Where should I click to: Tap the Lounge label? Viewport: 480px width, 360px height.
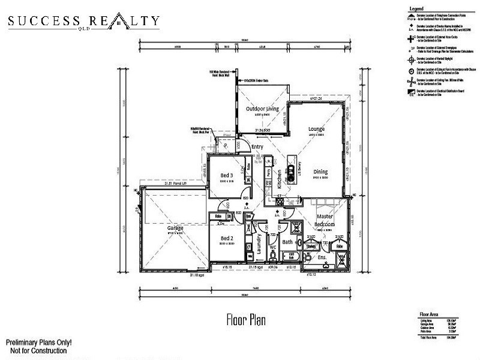(316, 128)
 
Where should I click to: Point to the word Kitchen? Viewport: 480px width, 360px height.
(280, 180)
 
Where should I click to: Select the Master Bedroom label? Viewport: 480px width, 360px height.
(325, 220)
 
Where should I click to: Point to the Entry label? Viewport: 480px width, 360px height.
(258, 146)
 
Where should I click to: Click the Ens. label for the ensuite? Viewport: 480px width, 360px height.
(322, 257)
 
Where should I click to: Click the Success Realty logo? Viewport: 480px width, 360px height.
(83, 22)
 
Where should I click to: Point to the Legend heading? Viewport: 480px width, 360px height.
(417, 8)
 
